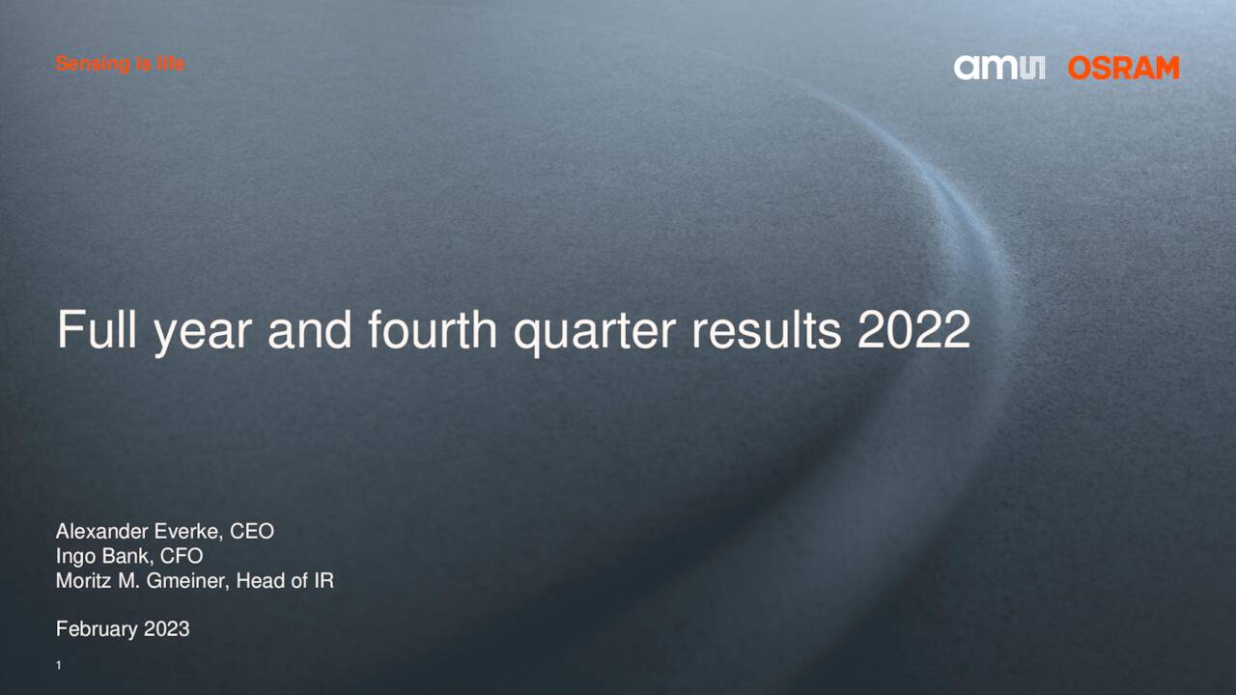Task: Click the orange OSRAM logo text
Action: coord(1123,68)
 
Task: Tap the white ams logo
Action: coord(999,68)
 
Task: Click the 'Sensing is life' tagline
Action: coord(120,64)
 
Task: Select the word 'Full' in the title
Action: coord(95,330)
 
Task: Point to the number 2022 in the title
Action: coord(913,330)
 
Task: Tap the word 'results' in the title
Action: coord(766,330)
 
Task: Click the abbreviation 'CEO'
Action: coord(252,531)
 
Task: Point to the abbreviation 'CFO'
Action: coord(182,556)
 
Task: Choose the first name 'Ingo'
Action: coord(74,557)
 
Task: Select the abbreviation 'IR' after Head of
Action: coord(323,581)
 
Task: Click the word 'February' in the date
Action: coord(97,629)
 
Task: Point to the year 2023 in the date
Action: coord(166,629)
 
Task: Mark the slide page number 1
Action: coord(59,666)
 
